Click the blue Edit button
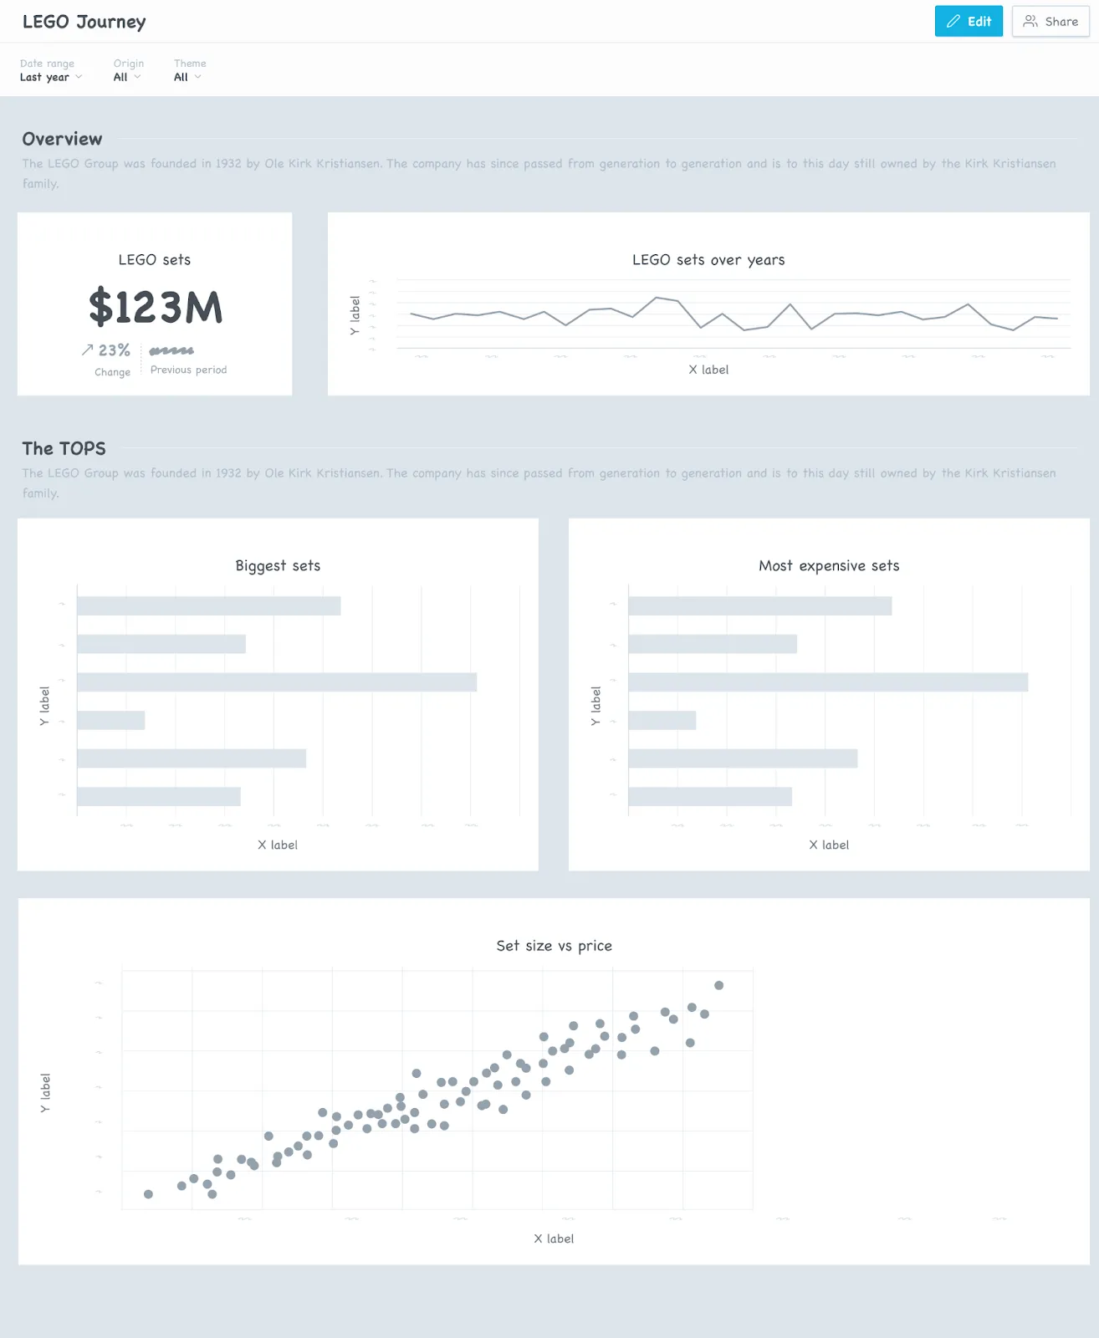968,22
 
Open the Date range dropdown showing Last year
50,77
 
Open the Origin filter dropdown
126,77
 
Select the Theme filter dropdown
187,77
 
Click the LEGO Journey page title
84,22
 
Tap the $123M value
156,307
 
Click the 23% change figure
114,350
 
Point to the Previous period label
188,370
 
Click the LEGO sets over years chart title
708,260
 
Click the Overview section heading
62,139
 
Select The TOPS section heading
64,448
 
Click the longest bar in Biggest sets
276,682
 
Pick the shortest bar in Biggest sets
110,720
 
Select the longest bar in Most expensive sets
827,682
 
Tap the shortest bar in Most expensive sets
662,720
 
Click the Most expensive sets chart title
828,566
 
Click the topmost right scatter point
718,985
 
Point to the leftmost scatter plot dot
148,1194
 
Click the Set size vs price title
554,946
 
